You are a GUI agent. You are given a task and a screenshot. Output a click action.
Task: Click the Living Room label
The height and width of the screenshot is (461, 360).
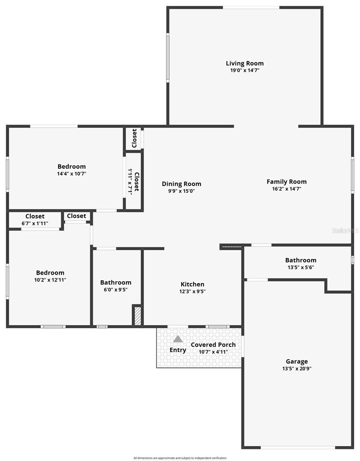pos(245,63)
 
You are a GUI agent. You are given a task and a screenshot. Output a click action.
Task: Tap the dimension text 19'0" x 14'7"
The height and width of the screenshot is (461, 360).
pos(245,71)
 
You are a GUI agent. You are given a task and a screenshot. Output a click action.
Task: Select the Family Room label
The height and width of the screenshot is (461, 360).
pos(287,182)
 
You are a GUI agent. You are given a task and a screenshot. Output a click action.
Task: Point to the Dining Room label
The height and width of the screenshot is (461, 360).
pos(181,184)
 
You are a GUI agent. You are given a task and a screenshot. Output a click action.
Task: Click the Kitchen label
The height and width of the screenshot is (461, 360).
pos(192,284)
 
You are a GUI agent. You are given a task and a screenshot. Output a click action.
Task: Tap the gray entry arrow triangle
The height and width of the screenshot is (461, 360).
pos(178,339)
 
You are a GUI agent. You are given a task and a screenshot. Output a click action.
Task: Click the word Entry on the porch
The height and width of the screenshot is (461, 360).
pos(178,350)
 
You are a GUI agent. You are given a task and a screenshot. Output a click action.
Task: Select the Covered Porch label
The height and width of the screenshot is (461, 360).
pos(213,345)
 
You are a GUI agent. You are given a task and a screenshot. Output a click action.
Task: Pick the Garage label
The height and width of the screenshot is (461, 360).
pos(297,362)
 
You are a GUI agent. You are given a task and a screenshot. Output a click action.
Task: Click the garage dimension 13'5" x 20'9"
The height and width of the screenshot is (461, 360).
pos(297,369)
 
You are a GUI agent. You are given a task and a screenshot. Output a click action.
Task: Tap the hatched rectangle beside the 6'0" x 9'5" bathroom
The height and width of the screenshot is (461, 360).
pos(137,316)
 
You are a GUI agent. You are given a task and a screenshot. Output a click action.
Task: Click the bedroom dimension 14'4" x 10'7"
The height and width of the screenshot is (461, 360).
pos(71,174)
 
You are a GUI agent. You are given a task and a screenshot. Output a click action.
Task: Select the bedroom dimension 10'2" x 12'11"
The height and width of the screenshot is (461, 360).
pos(50,280)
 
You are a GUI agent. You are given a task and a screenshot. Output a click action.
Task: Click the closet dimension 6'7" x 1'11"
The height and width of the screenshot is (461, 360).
pos(35,223)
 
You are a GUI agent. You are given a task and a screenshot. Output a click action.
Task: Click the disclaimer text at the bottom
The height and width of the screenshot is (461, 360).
pos(180,458)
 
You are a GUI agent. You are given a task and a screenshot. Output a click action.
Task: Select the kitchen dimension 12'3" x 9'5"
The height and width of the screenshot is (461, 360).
pos(192,291)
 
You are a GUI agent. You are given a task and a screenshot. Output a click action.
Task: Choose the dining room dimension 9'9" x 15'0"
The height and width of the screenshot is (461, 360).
pos(181,191)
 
